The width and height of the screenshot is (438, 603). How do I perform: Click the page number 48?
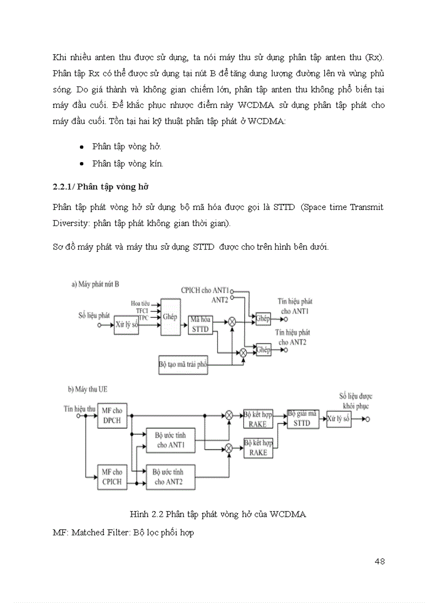[379, 562]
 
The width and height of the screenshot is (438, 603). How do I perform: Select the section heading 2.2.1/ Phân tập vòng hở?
[100, 187]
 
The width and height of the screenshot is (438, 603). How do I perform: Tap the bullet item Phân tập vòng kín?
[128, 164]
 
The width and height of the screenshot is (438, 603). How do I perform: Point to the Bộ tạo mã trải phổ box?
[183, 364]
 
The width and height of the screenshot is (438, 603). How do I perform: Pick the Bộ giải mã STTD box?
[302, 419]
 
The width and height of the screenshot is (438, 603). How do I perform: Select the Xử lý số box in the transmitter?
[127, 325]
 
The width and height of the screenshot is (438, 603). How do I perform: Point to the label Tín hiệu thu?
[79, 409]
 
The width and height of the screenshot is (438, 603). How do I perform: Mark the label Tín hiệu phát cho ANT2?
[293, 337]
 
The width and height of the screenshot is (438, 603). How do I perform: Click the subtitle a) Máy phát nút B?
[95, 284]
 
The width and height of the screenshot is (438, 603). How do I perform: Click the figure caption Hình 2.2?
[218, 514]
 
